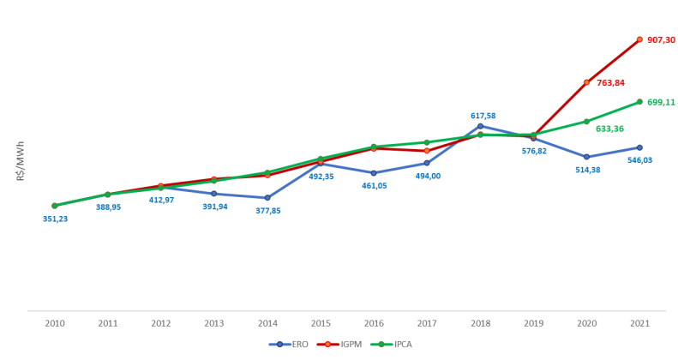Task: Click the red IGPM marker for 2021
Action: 639,39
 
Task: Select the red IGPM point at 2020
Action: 586,82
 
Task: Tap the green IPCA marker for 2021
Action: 639,102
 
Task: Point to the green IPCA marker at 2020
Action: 586,122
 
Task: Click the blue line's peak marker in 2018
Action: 480,126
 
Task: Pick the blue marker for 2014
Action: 267,198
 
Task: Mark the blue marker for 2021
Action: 639,147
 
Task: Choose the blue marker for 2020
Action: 586,157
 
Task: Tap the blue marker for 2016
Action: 374,172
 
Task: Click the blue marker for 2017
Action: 427,163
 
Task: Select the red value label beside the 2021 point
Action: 662,39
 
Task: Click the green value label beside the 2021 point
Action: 662,102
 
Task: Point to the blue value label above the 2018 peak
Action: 483,115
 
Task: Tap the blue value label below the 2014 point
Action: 268,210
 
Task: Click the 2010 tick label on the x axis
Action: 55,323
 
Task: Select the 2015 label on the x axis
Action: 321,323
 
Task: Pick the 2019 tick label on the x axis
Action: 533,323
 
